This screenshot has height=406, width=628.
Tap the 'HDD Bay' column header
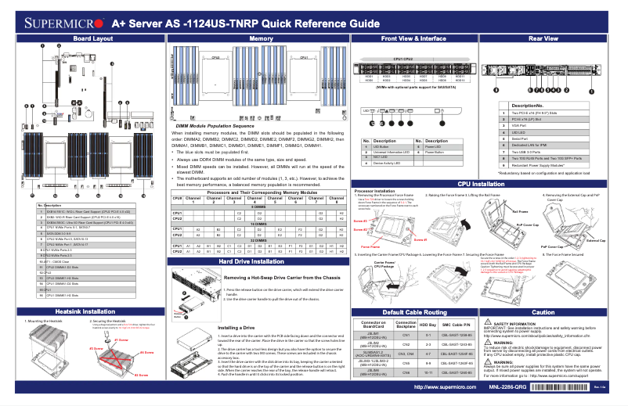point(428,324)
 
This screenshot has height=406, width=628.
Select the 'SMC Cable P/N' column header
point(457,324)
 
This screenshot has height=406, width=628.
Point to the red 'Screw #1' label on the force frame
point(360,221)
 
